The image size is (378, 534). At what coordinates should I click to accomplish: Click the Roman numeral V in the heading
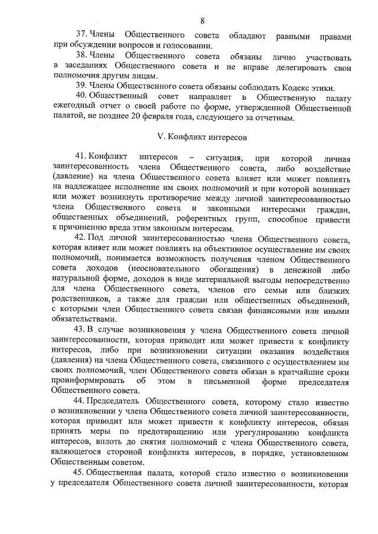coord(159,137)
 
